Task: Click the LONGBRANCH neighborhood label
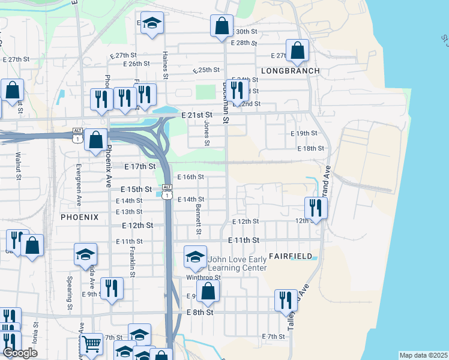pyautogui.click(x=291, y=71)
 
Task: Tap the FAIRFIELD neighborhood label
pyautogui.click(x=291, y=256)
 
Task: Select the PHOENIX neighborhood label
pyautogui.click(x=79, y=217)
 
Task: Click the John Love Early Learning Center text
pyautogui.click(x=237, y=264)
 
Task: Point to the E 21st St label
pyautogui.click(x=197, y=115)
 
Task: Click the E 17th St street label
pyautogui.click(x=140, y=166)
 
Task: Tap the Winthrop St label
pyautogui.click(x=203, y=277)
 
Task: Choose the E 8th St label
pyautogui.click(x=200, y=313)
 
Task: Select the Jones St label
pyautogui.click(x=206, y=133)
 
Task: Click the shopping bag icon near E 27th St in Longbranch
pyautogui.click(x=297, y=51)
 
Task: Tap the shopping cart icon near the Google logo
pyautogui.click(x=91, y=344)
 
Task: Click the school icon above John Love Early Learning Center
pyautogui.click(x=195, y=257)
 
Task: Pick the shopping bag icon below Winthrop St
pyautogui.click(x=208, y=291)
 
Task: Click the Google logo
pyautogui.click(x=20, y=353)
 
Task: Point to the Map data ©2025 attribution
pyautogui.click(x=423, y=355)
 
